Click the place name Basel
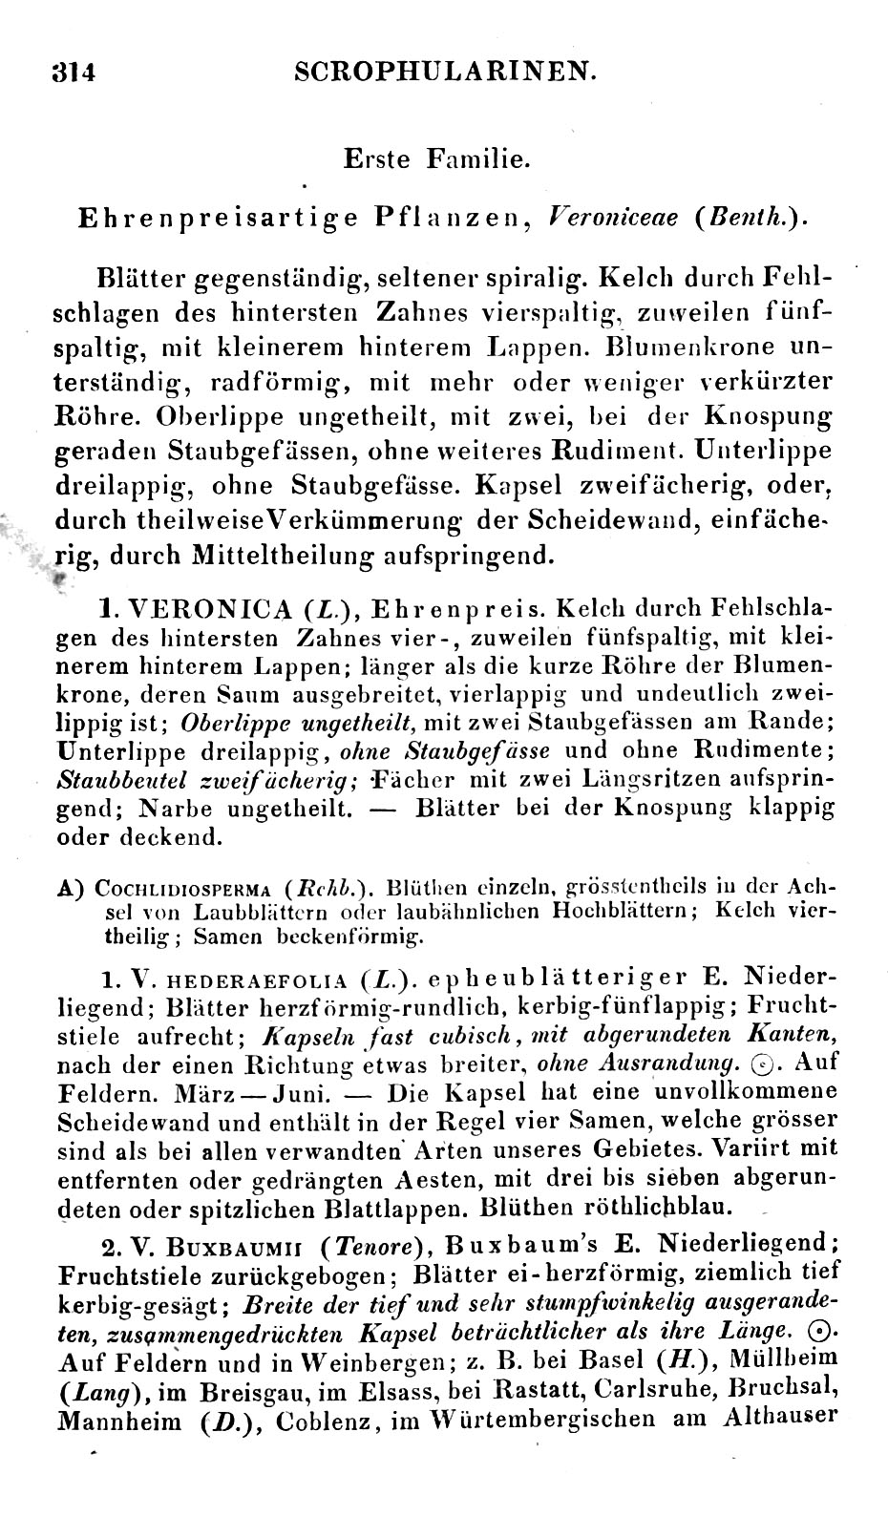click(x=603, y=1358)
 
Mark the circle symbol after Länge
click(x=817, y=1331)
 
